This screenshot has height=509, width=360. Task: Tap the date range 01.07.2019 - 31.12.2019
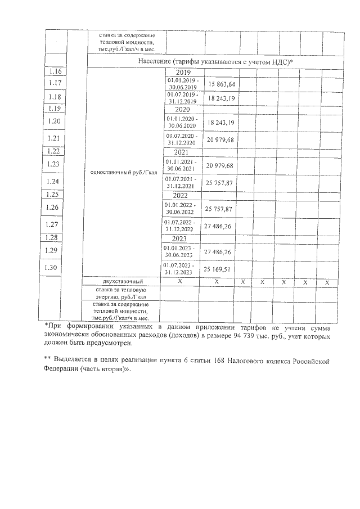tap(183, 98)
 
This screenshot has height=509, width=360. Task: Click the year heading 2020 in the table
tap(183, 110)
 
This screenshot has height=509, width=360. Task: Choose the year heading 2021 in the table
tap(183, 152)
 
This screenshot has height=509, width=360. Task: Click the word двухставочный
tap(123, 281)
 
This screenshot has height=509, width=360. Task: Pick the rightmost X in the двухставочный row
tap(327, 281)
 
